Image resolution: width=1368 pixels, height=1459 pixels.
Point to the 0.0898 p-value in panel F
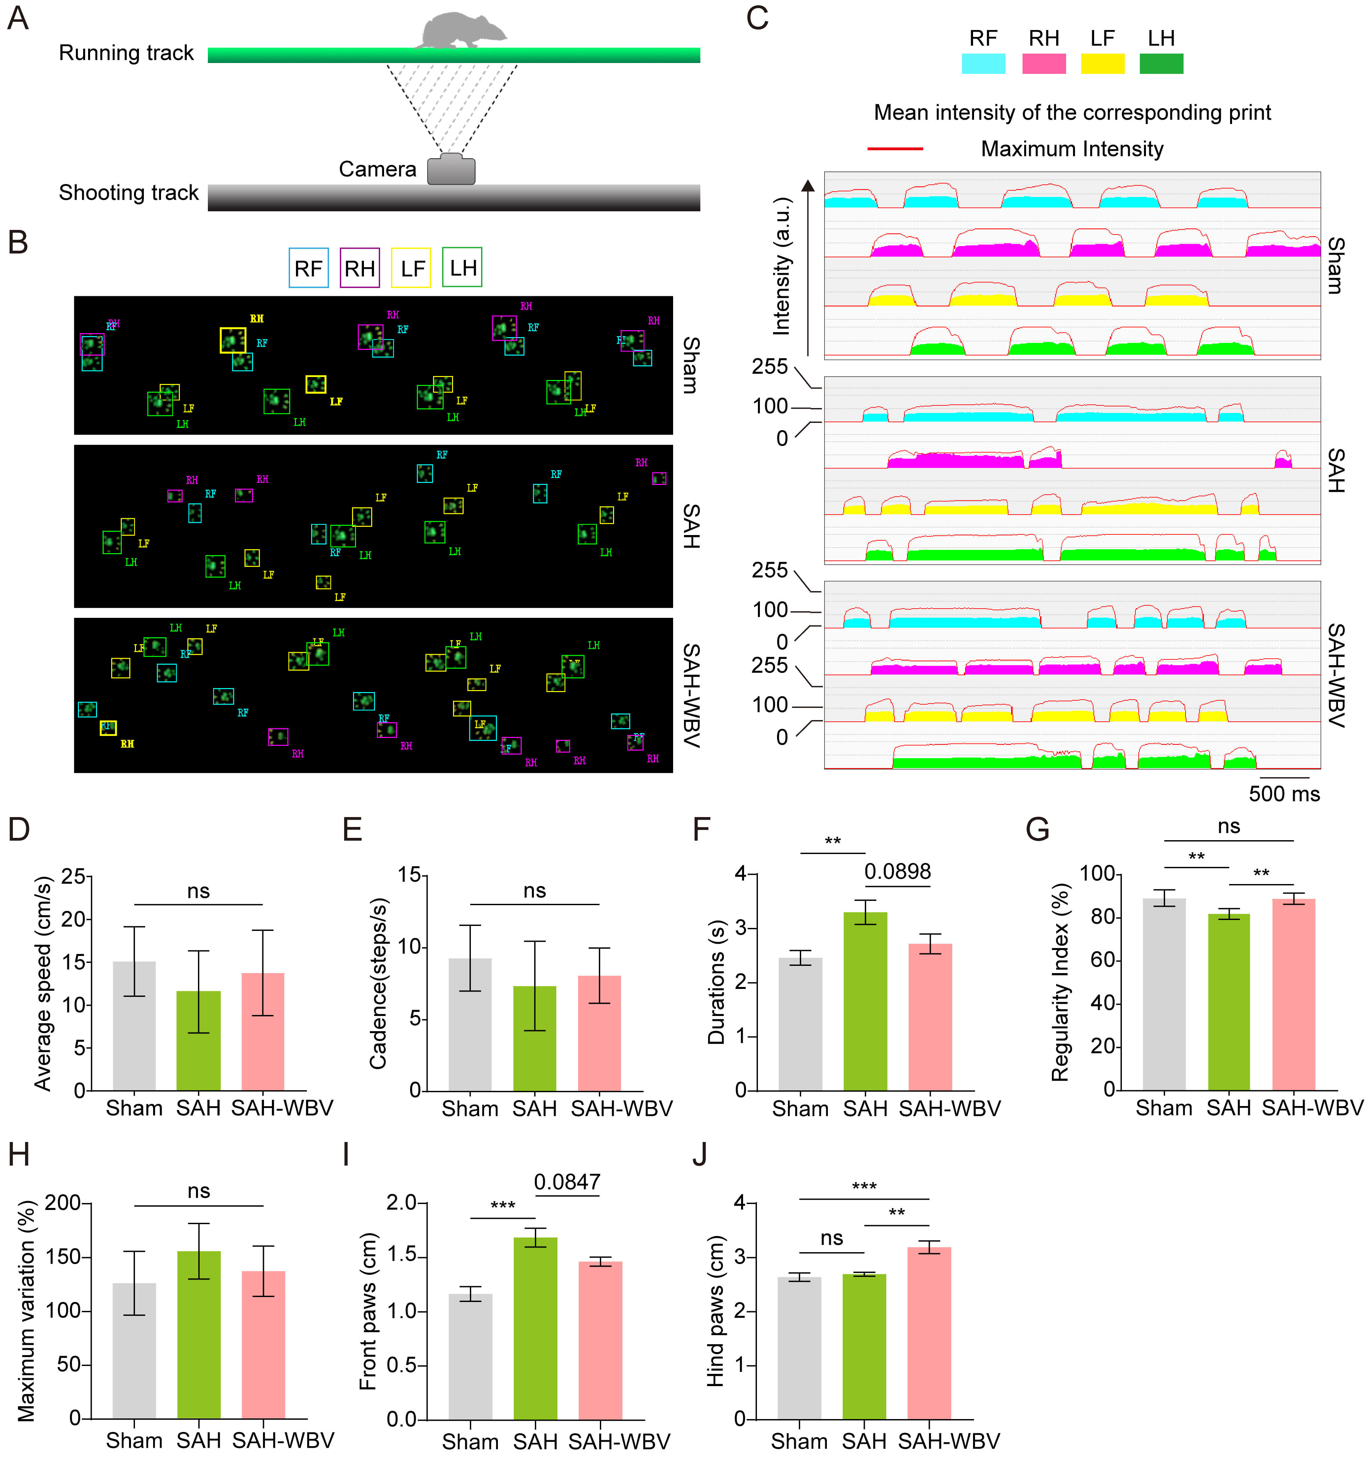[897, 872]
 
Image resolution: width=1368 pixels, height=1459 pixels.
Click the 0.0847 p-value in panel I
[567, 1182]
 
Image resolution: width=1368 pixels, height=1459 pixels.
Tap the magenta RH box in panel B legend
[360, 268]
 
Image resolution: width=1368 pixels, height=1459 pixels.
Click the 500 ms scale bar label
[1284, 793]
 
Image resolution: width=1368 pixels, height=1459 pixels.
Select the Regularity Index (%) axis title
[1059, 982]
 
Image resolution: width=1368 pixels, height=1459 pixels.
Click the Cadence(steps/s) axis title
[378, 983]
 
